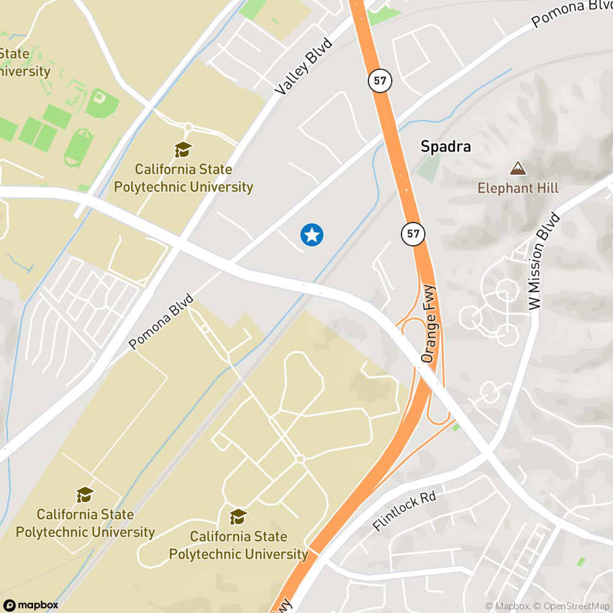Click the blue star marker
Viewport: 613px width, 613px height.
pyautogui.click(x=312, y=235)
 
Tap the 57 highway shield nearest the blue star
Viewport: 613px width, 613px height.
pyautogui.click(x=413, y=234)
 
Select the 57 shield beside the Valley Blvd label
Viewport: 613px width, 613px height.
pyautogui.click(x=380, y=81)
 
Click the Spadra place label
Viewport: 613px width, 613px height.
pyautogui.click(x=445, y=147)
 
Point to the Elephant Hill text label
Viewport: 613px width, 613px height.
pyautogui.click(x=518, y=188)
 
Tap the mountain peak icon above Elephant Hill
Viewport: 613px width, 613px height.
pyautogui.click(x=518, y=169)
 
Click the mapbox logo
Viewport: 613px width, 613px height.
pyautogui.click(x=31, y=605)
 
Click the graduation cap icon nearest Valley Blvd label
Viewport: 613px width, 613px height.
pyautogui.click(x=183, y=150)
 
